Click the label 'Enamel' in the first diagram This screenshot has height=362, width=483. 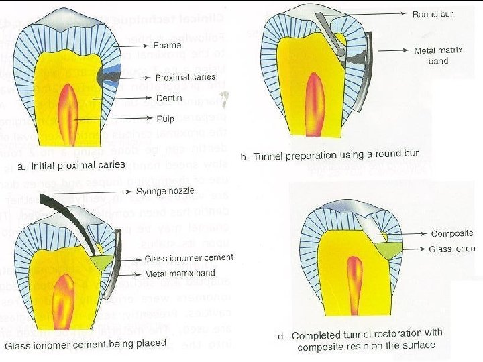click(168, 45)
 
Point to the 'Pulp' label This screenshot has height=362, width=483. click(165, 119)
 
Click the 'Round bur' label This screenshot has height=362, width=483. click(433, 14)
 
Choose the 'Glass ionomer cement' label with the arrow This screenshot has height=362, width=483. click(189, 258)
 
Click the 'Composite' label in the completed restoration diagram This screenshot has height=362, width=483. click(452, 234)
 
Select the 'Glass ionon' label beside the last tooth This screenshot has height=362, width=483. click(453, 249)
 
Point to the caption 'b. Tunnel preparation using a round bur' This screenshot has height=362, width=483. click(329, 154)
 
